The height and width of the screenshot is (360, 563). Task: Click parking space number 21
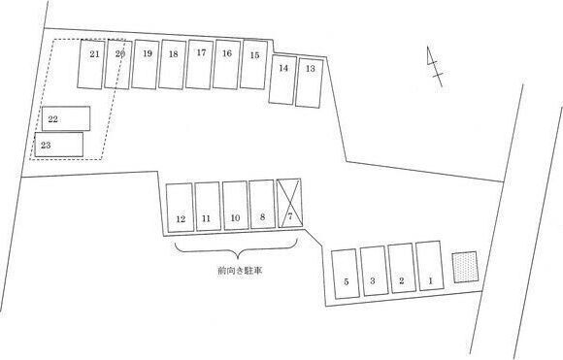(91, 64)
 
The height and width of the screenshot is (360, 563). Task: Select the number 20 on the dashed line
(120, 53)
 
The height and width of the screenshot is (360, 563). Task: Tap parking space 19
(146, 64)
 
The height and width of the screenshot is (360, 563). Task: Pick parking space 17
(200, 64)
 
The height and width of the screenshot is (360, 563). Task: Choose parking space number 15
(254, 64)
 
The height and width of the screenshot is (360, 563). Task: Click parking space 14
(282, 80)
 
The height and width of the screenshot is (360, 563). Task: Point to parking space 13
(310, 82)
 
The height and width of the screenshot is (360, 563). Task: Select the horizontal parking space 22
(66, 118)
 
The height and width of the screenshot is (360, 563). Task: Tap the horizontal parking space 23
(59, 145)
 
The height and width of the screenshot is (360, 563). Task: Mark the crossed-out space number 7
(289, 203)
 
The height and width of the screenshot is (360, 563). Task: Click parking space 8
(262, 204)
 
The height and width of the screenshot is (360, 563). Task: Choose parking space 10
(235, 206)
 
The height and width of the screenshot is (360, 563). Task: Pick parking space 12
(180, 208)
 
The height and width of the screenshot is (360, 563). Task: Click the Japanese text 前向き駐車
(240, 271)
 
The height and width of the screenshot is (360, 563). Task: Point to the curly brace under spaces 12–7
(238, 248)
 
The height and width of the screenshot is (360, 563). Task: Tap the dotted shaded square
(465, 267)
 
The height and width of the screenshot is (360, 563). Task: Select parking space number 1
(430, 266)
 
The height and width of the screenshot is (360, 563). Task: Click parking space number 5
(346, 274)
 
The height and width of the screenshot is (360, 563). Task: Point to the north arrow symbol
(435, 66)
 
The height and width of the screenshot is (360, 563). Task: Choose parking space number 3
(374, 271)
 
